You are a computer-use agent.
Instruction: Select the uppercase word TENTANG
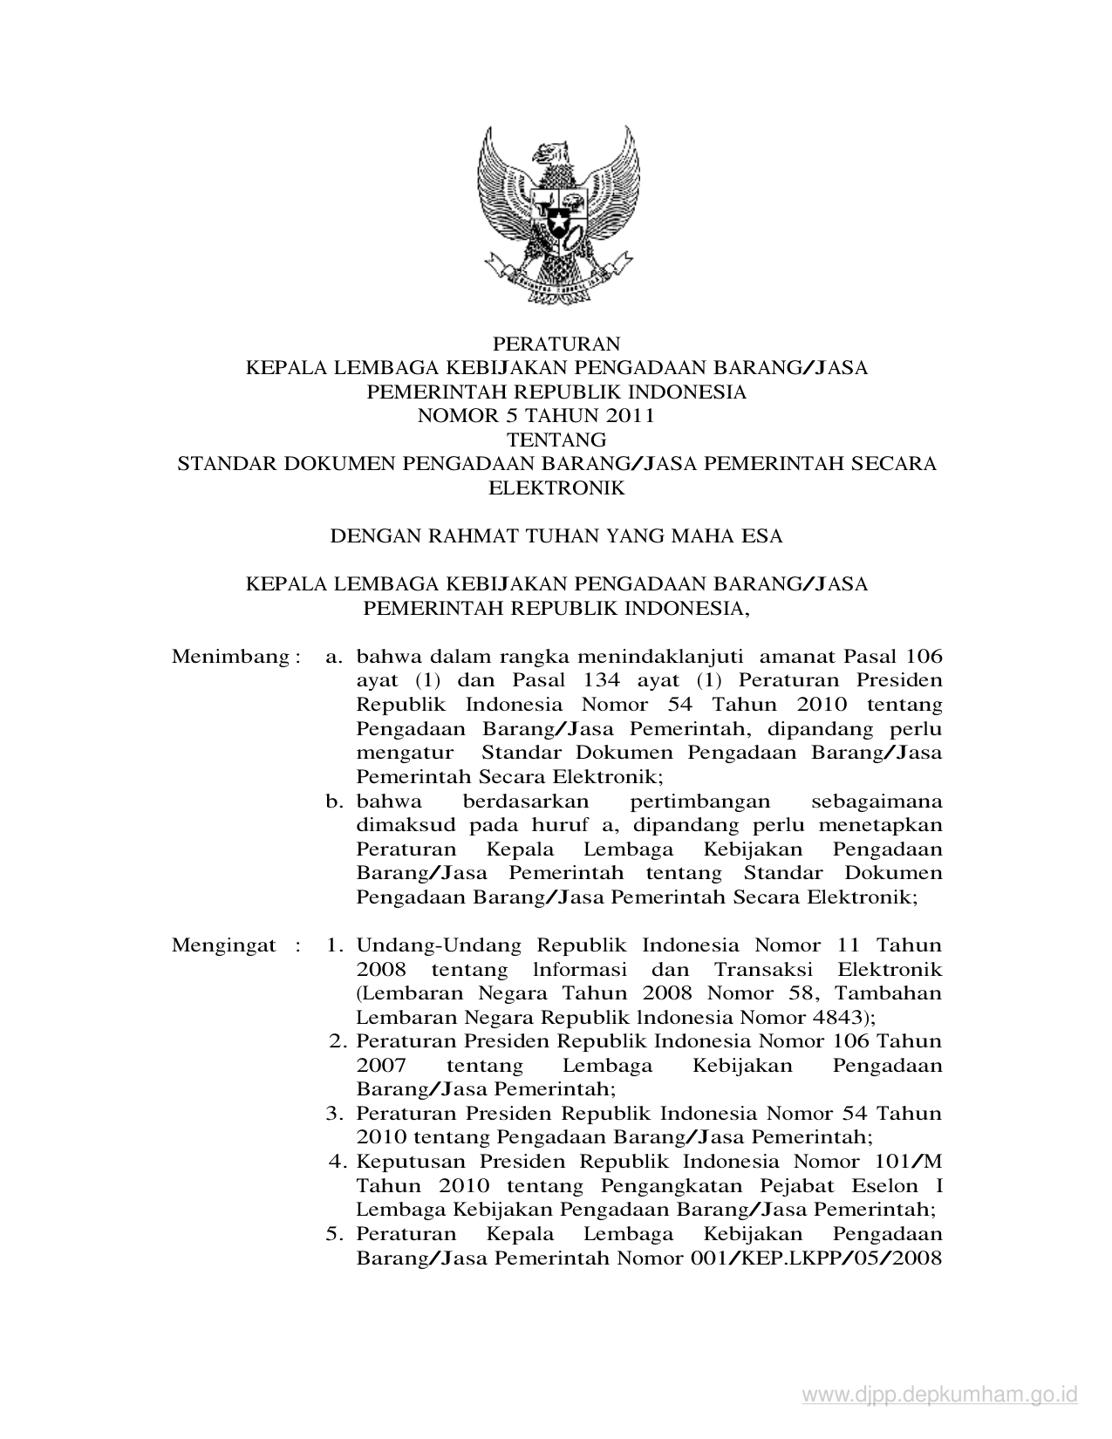556,439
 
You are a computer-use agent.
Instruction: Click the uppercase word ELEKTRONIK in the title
556,488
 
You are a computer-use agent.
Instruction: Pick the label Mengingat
224,945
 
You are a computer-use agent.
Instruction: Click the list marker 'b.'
336,801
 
